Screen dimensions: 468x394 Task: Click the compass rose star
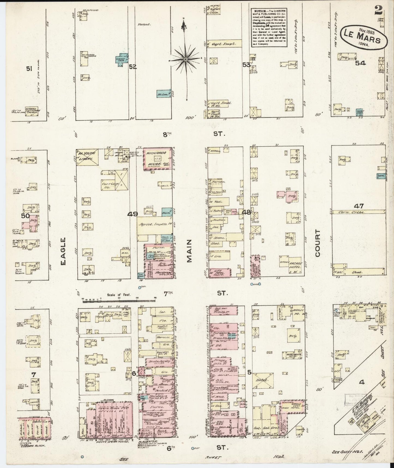tap(185, 59)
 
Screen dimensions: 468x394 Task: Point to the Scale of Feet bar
tap(119, 300)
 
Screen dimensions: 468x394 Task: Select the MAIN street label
tap(190, 251)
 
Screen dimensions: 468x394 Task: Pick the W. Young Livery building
tap(87, 158)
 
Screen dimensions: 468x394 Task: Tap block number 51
tap(29, 69)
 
